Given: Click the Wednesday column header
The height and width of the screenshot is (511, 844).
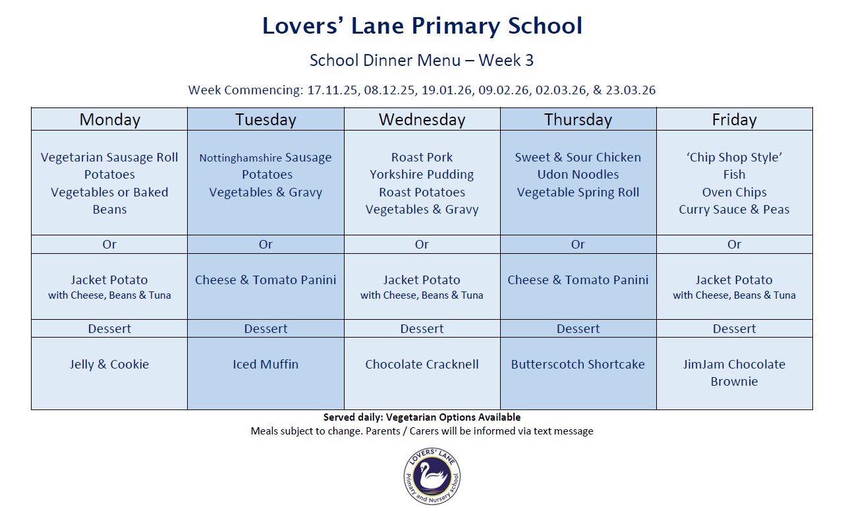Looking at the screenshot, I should [x=422, y=119].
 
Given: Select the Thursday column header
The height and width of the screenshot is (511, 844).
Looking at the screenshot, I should [x=578, y=119].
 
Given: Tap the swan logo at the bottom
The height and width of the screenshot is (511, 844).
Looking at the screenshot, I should [x=432, y=477].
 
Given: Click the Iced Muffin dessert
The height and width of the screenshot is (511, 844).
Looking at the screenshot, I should [x=266, y=364].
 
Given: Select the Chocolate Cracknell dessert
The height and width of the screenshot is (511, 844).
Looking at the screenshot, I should [x=422, y=364].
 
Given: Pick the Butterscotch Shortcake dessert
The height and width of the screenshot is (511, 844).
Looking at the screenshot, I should [x=578, y=364].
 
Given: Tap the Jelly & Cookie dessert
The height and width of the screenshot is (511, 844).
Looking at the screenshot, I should [x=109, y=364].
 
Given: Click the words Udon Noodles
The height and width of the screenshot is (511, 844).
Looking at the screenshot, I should [x=578, y=175].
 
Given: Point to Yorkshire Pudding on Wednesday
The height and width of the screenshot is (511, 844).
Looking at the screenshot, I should [x=422, y=175].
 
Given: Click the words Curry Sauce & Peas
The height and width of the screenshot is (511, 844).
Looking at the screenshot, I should [x=734, y=210].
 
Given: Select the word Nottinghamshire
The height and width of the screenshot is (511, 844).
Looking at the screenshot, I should [x=240, y=158].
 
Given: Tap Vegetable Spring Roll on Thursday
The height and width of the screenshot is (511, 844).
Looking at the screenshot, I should [x=578, y=193].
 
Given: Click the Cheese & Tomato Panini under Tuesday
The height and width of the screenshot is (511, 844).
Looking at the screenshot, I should [x=266, y=280].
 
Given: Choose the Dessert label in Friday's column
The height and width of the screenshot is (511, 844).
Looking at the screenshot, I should [x=734, y=328].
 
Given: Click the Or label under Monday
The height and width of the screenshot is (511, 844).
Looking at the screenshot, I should [x=109, y=244].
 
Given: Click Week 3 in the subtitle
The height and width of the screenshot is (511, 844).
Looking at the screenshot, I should [x=506, y=61].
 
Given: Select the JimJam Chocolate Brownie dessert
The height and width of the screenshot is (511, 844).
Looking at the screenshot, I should [x=734, y=373].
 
